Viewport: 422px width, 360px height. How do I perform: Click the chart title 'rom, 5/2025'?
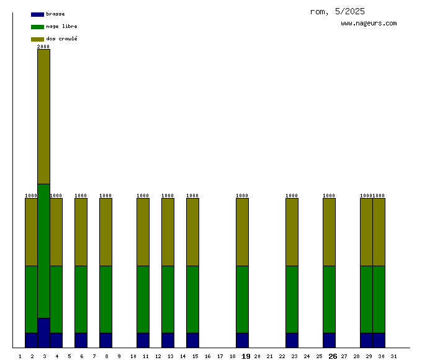pyautogui.click(x=337, y=11)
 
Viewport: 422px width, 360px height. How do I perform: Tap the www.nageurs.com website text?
pyautogui.click(x=369, y=24)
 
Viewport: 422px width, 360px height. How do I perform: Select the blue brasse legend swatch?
pyautogui.click(x=37, y=14)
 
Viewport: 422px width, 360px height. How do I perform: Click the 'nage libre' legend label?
pyautogui.click(x=61, y=27)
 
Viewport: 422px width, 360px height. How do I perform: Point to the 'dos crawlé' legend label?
pyautogui.click(x=61, y=39)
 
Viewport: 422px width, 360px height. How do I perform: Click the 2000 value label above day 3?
pyautogui.click(x=43, y=47)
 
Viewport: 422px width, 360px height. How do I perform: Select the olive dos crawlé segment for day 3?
pyautogui.click(x=43, y=117)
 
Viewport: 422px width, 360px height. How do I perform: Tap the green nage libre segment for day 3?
pyautogui.click(x=43, y=251)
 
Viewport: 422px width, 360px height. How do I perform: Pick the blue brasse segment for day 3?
pyautogui.click(x=43, y=333)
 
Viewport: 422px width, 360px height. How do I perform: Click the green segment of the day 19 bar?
pyautogui.click(x=242, y=299)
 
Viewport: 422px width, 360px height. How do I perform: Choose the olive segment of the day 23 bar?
pyautogui.click(x=292, y=232)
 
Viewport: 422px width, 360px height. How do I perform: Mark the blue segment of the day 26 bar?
pyautogui.click(x=329, y=340)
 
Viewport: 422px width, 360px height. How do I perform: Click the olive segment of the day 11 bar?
pyautogui.click(x=143, y=232)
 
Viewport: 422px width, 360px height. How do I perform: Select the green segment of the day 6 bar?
pyautogui.click(x=81, y=299)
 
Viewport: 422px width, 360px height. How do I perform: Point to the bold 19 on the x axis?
pyautogui.click(x=246, y=356)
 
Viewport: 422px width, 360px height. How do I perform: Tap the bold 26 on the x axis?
pyautogui.click(x=333, y=356)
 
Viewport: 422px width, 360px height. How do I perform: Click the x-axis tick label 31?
pyautogui.click(x=393, y=356)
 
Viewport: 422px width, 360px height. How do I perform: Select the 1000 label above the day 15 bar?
pyautogui.click(x=192, y=196)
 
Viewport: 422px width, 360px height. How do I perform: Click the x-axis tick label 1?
pyautogui.click(x=20, y=356)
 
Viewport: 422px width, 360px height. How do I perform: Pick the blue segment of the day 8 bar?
pyautogui.click(x=105, y=340)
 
